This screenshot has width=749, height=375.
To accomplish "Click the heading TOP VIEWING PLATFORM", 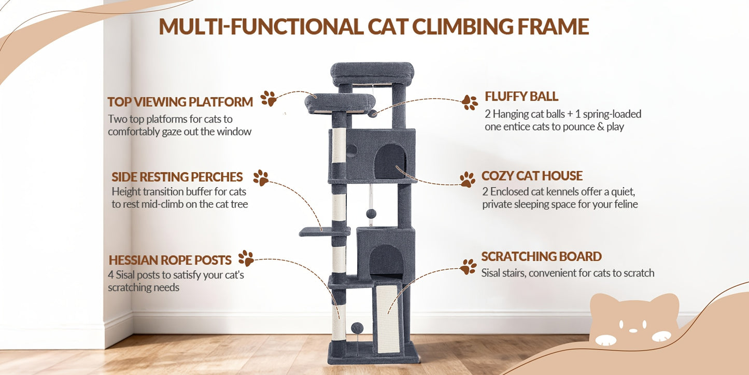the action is coord(180,102).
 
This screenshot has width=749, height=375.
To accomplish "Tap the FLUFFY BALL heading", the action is coord(521,96).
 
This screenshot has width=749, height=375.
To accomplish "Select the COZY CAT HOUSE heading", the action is coord(532,176).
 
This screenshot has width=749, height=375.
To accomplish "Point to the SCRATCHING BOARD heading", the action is coord(541,257).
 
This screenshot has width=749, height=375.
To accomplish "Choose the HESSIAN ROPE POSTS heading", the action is coord(170,260).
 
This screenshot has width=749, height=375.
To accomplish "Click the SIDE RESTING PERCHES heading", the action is coord(177,177).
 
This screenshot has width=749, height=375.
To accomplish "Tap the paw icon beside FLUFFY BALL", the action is coord(470,102).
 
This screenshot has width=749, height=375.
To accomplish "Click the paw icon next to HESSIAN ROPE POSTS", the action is coord(246,258).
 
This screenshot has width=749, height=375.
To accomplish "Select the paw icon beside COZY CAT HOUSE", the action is coord(468,179).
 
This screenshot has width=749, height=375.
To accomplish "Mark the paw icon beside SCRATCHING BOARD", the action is coord(468,267).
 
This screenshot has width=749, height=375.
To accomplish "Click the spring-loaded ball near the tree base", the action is coord(357,328).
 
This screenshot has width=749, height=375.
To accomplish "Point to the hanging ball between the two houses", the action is coord(371,214).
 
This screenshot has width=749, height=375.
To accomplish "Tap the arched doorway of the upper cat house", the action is coord(390,162).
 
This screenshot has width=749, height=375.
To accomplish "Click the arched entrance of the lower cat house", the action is coord(387,260).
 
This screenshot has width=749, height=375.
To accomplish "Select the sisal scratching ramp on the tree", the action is coord(388,318).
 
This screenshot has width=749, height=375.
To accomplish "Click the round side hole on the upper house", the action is coord(351,151).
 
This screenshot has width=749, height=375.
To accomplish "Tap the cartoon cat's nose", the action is coord(633,330).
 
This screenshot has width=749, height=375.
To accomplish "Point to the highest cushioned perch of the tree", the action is coord(372,74).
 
